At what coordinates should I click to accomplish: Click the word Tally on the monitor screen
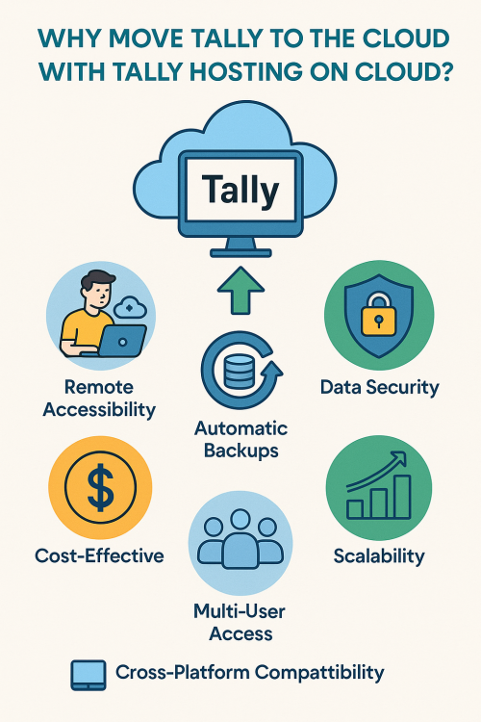pyautogui.click(x=240, y=191)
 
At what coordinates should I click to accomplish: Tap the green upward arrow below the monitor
pyautogui.click(x=240, y=291)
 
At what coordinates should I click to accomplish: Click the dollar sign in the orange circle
pyautogui.click(x=100, y=487)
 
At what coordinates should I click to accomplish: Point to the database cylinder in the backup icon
pyautogui.click(x=239, y=372)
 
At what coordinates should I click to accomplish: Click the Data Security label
pyautogui.click(x=379, y=387)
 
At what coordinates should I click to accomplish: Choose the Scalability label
pyautogui.click(x=379, y=555)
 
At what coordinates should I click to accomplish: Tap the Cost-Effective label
pyautogui.click(x=99, y=555)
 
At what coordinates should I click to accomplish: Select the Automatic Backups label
pyautogui.click(x=240, y=439)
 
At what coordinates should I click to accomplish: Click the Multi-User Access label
pyautogui.click(x=240, y=623)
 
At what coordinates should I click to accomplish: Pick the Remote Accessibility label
pyautogui.click(x=99, y=399)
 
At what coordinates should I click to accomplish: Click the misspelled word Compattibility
pyautogui.click(x=319, y=673)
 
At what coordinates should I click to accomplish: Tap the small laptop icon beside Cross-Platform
pyautogui.click(x=89, y=675)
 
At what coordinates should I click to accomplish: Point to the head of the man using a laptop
pyautogui.click(x=97, y=288)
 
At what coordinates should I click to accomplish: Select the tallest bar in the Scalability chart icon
pyautogui.click(x=402, y=497)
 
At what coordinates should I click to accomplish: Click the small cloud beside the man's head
pyautogui.click(x=130, y=307)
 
